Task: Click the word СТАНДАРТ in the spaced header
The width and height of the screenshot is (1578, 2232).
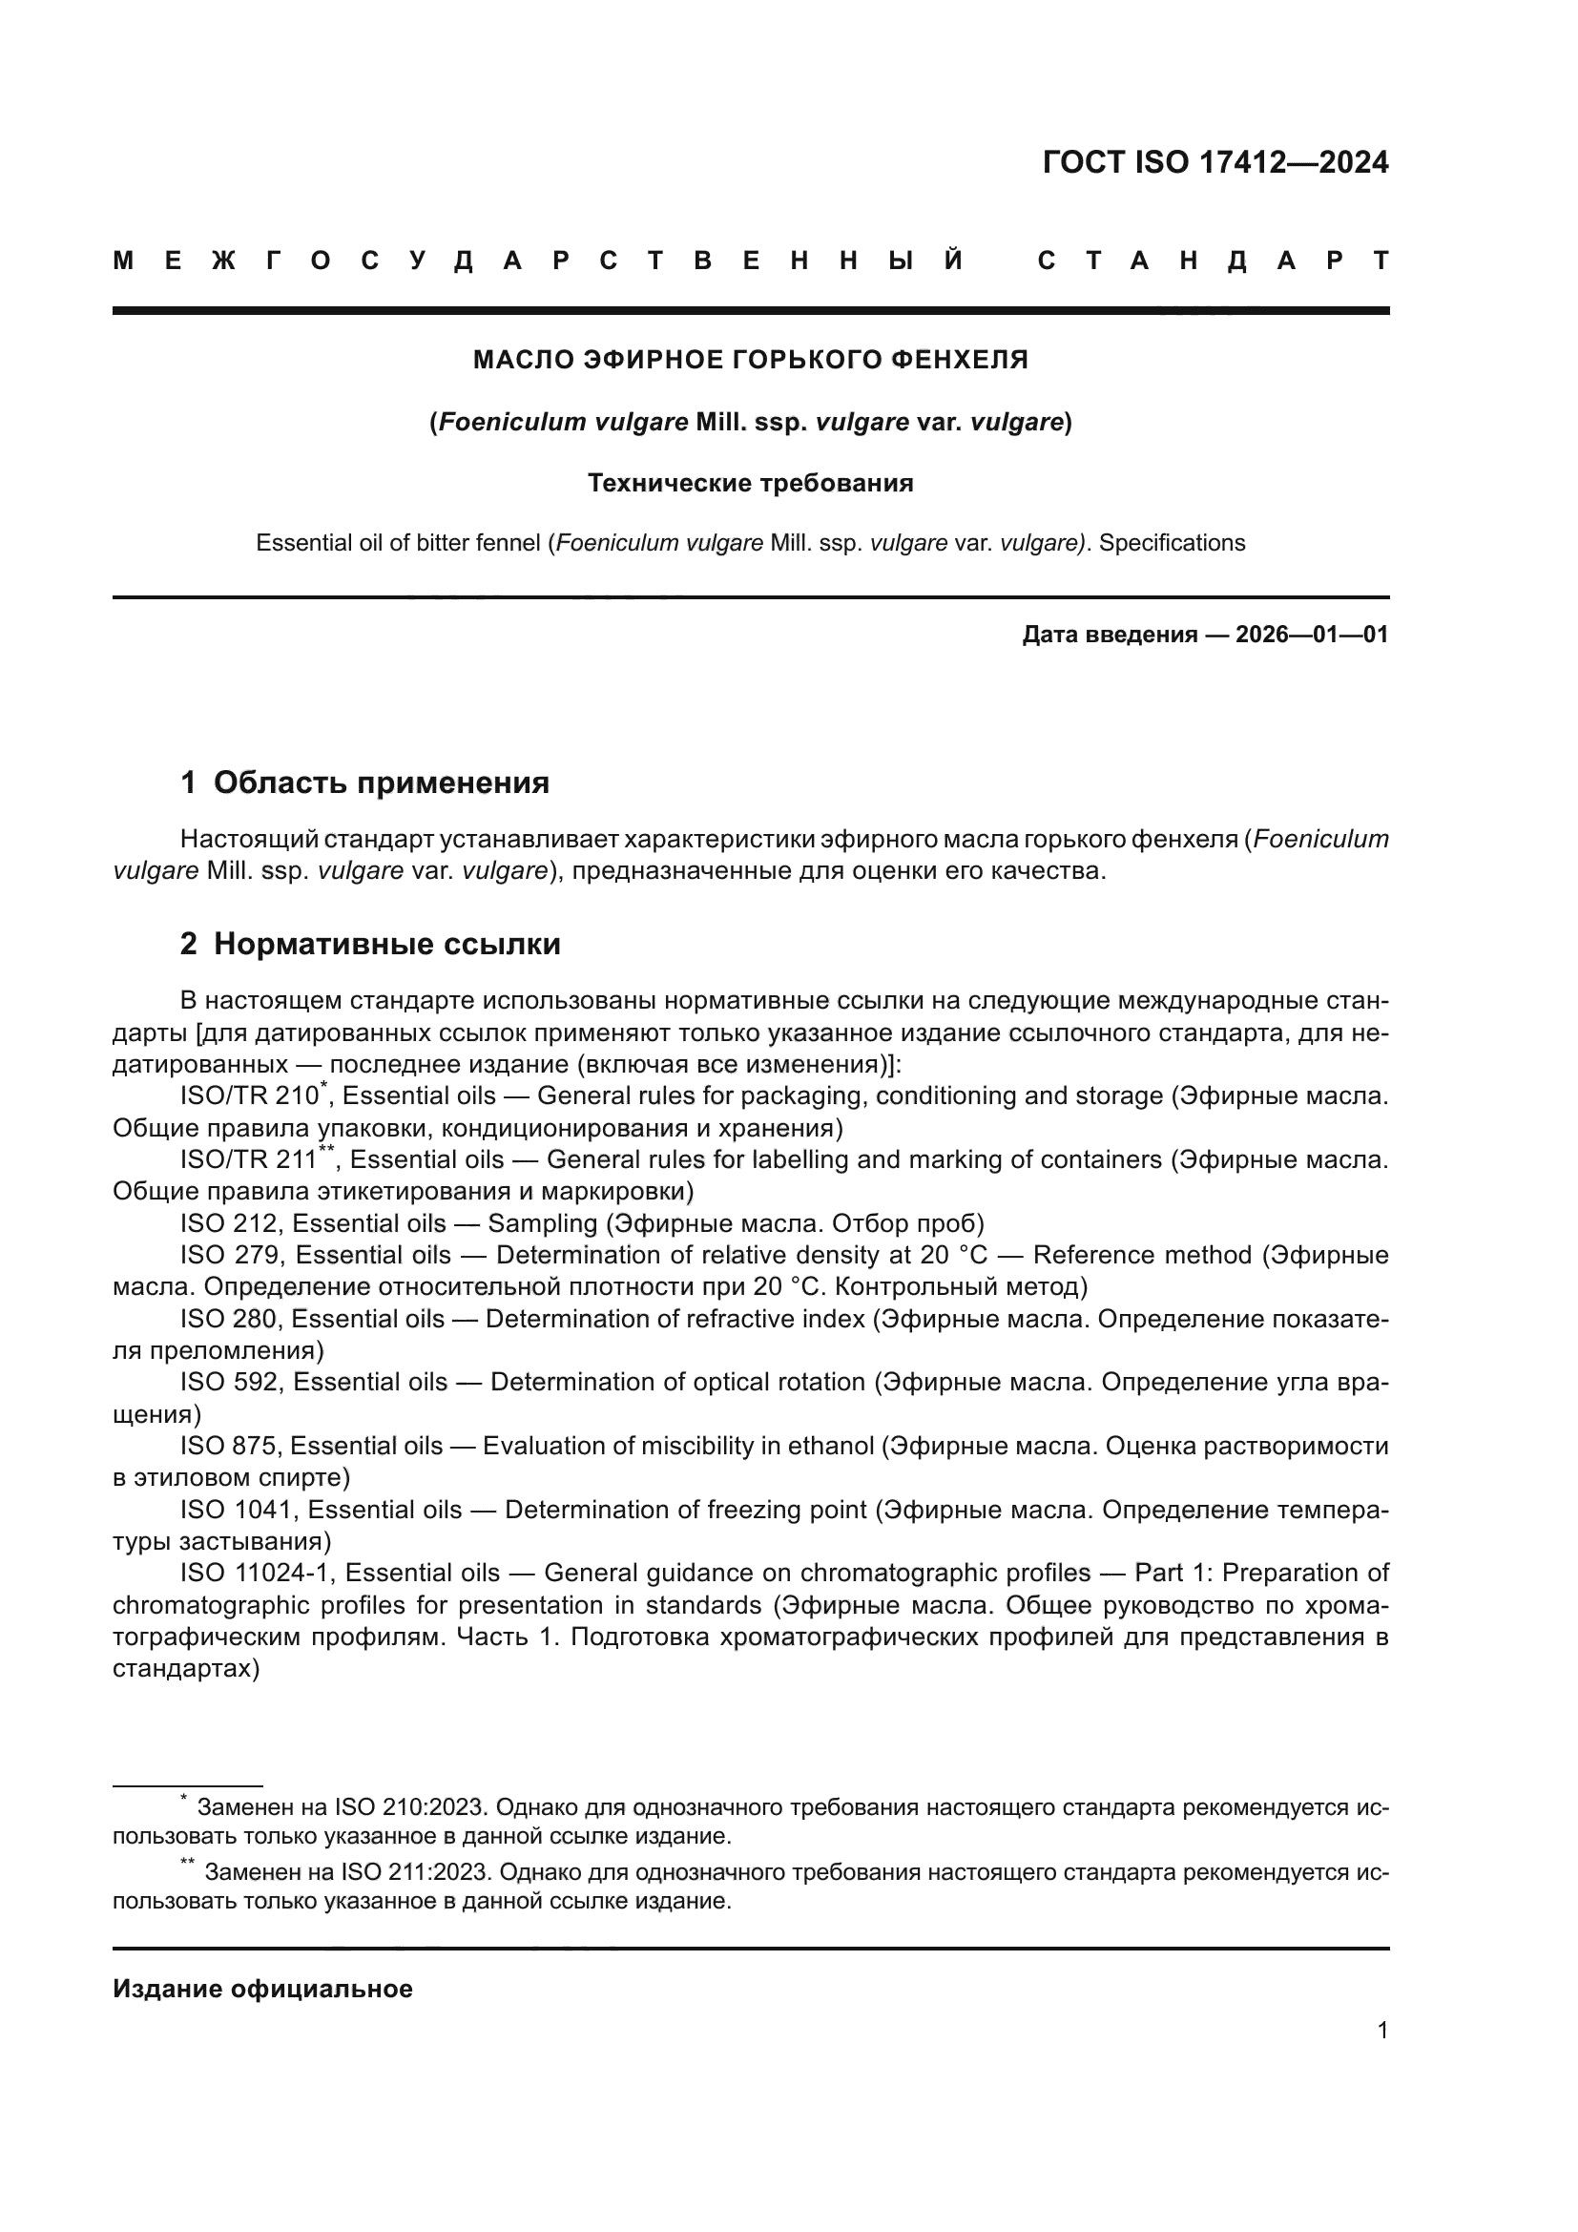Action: point(1214,261)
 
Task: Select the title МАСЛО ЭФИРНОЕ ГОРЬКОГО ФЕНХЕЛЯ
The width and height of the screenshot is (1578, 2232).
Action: point(750,361)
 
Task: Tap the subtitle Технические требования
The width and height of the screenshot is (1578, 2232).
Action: point(750,483)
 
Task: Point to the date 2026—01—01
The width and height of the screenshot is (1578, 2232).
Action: point(1312,635)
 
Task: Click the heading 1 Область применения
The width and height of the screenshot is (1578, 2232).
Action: point(364,782)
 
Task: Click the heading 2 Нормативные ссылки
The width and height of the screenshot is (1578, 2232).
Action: point(370,944)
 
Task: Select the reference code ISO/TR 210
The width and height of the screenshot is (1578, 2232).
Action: point(249,1096)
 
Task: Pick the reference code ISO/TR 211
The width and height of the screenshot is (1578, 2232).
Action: point(249,1159)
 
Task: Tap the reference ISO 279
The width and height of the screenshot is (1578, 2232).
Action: point(230,1255)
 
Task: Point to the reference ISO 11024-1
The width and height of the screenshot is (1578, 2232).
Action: point(257,1573)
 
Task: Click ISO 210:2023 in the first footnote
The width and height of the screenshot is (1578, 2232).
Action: point(409,1808)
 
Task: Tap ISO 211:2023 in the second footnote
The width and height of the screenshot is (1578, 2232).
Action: point(417,1872)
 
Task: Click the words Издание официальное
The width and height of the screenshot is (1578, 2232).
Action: point(262,1989)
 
